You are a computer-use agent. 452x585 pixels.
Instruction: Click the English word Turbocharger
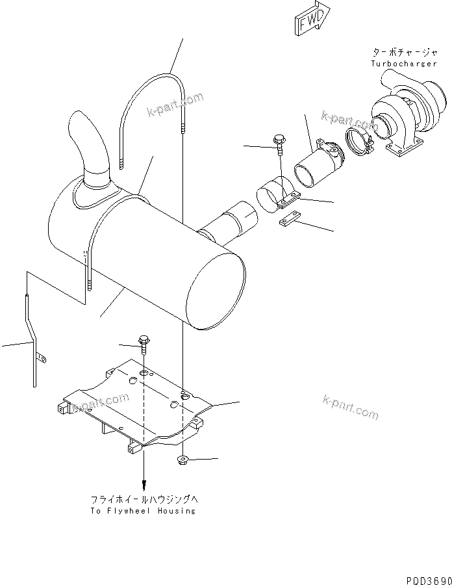point(400,64)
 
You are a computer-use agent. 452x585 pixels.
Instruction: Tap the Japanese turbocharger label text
point(401,53)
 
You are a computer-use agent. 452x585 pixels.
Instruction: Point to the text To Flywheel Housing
point(143,511)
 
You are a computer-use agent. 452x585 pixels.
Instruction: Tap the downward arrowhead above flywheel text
point(144,486)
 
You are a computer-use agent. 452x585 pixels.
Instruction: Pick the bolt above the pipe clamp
point(279,144)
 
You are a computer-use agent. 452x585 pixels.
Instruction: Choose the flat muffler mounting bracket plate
point(140,406)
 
